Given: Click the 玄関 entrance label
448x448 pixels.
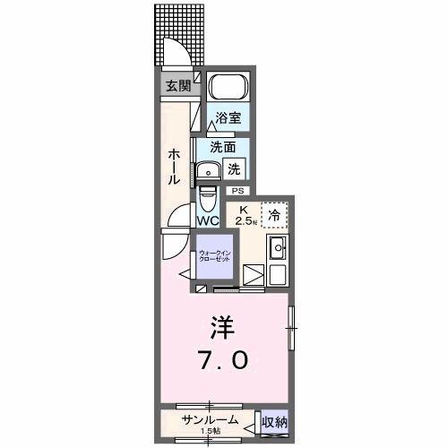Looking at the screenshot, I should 177,86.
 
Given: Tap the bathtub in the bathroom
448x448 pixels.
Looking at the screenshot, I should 225,90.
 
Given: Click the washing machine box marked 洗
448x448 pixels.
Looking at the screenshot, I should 233,168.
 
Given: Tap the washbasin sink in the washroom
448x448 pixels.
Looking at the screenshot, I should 211,171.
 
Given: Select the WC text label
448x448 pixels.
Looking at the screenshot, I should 208,220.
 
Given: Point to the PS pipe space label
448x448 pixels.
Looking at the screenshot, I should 237,191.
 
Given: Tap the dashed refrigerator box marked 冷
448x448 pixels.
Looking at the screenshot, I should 273,214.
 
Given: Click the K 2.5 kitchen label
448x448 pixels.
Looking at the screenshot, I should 244,215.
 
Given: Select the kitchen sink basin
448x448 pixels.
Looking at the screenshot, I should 277,248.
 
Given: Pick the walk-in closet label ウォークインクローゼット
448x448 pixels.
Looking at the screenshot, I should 215,255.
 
